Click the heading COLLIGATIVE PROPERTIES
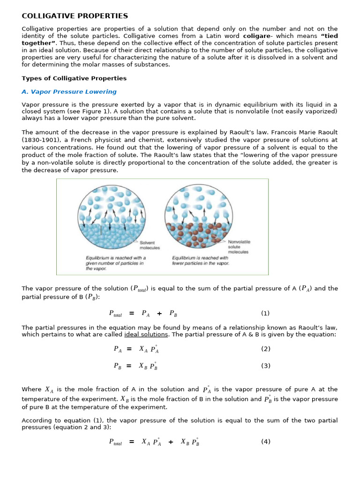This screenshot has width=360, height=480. coord(75,16)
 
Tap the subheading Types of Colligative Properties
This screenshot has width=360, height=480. coord(74,78)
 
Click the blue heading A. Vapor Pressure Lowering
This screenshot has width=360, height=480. coord(69,92)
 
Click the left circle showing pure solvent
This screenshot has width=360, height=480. coord(111,216)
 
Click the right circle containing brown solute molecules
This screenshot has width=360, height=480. coord(199,216)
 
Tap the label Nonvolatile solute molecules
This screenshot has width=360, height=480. coord(239,247)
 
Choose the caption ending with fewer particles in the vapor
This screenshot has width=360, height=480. coord(201,261)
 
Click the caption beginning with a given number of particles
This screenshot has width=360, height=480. coord(115,263)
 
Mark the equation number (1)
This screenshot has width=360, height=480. coord(265,314)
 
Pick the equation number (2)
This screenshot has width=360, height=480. coord(265,349)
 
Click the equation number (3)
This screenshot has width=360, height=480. coord(265,366)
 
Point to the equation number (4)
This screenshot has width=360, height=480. coord(265,442)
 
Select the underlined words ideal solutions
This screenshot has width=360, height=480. coord(146,334)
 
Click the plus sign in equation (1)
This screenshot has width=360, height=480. coord(159,314)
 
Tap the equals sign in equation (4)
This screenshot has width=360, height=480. coord(132,442)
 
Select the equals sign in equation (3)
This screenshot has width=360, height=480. coord(129,366)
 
